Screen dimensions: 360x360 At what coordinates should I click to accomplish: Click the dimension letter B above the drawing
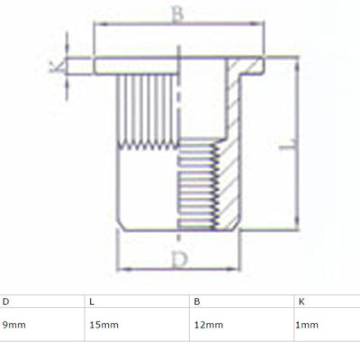coord(177,14)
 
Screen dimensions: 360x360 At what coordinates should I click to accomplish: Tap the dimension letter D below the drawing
coord(180,259)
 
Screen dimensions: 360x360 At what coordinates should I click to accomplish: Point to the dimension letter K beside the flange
coord(57,67)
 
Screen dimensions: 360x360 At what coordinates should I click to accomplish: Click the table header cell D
coord(5,301)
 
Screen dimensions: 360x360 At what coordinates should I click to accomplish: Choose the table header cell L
coord(92,301)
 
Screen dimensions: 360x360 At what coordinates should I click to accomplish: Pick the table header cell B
coord(197,301)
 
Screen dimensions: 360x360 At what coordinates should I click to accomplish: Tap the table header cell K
coord(301,301)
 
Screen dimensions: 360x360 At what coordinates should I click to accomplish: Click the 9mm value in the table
coord(14,325)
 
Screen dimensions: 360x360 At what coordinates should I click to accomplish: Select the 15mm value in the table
coord(103,325)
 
